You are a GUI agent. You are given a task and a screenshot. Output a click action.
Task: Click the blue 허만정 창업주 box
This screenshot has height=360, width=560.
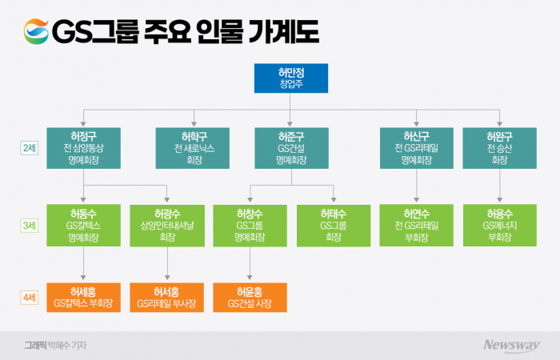click(x=291, y=78)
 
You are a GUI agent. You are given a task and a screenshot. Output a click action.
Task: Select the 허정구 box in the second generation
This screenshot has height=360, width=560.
click(x=84, y=147)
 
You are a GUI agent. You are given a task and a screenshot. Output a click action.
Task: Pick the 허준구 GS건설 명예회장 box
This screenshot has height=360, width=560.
click(x=291, y=147)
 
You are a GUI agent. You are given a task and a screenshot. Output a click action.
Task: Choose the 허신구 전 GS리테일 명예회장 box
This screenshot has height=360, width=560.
click(x=416, y=147)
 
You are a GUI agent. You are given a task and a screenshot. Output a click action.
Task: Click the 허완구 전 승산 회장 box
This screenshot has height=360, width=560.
click(x=500, y=147)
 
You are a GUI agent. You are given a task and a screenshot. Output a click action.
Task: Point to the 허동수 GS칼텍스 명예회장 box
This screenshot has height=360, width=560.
click(x=84, y=226)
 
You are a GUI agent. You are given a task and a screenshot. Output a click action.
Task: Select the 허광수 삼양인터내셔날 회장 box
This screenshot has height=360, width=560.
click(x=167, y=226)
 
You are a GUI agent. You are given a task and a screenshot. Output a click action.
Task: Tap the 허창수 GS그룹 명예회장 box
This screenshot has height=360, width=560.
click(x=250, y=226)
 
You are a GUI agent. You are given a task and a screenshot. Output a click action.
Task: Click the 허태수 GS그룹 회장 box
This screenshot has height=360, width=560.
click(x=333, y=226)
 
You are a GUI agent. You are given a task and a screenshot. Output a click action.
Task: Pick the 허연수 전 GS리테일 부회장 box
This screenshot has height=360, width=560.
click(x=416, y=226)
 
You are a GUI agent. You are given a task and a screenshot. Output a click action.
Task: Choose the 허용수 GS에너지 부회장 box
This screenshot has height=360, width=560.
click(x=500, y=226)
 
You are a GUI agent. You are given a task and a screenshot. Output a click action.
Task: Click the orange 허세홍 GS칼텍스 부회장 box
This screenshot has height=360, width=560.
click(x=84, y=297)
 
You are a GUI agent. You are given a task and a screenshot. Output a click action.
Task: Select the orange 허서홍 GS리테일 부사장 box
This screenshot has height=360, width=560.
click(x=167, y=297)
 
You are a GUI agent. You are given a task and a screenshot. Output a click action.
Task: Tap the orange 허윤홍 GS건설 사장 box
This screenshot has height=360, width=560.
click(x=250, y=297)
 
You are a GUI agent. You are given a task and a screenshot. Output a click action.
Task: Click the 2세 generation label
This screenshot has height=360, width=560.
click(x=29, y=147)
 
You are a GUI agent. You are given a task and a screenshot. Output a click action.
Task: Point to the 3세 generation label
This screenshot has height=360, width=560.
click(x=29, y=226)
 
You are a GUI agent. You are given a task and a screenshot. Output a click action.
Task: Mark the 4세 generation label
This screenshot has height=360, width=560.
click(x=29, y=297)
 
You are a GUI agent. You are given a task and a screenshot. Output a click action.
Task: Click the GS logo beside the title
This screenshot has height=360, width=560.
click(x=34, y=31)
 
